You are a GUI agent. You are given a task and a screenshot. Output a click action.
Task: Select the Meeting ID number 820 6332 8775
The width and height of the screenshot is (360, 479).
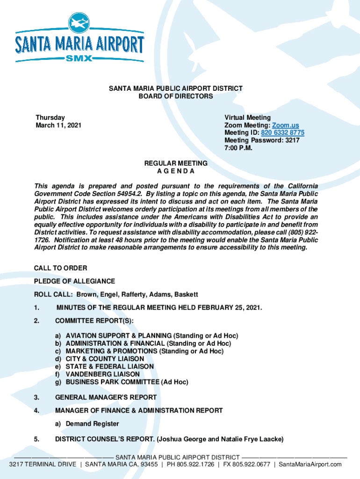(282, 133)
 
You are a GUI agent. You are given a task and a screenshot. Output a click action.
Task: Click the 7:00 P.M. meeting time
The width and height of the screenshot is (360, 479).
(238, 148)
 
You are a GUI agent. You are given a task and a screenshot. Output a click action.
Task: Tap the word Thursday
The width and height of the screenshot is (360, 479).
(50, 118)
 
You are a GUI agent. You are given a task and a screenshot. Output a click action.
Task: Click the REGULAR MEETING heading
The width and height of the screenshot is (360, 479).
(176, 163)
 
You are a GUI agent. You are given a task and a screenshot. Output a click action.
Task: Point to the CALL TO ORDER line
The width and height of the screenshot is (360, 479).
(60, 268)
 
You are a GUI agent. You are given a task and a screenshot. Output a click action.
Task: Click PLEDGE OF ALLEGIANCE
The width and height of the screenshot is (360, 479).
(74, 281)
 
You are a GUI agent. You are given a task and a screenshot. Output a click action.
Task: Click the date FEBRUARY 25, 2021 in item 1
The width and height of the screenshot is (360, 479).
(226, 307)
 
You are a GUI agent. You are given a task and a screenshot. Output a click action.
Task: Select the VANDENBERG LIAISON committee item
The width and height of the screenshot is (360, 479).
(102, 374)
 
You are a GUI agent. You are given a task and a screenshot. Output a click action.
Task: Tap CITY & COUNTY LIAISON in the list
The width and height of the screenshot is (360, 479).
(105, 359)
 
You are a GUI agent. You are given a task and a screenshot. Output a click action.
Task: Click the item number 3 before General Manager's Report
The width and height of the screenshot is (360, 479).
(36, 397)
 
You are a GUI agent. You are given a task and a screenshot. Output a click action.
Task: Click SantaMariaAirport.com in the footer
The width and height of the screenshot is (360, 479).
(310, 464)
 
